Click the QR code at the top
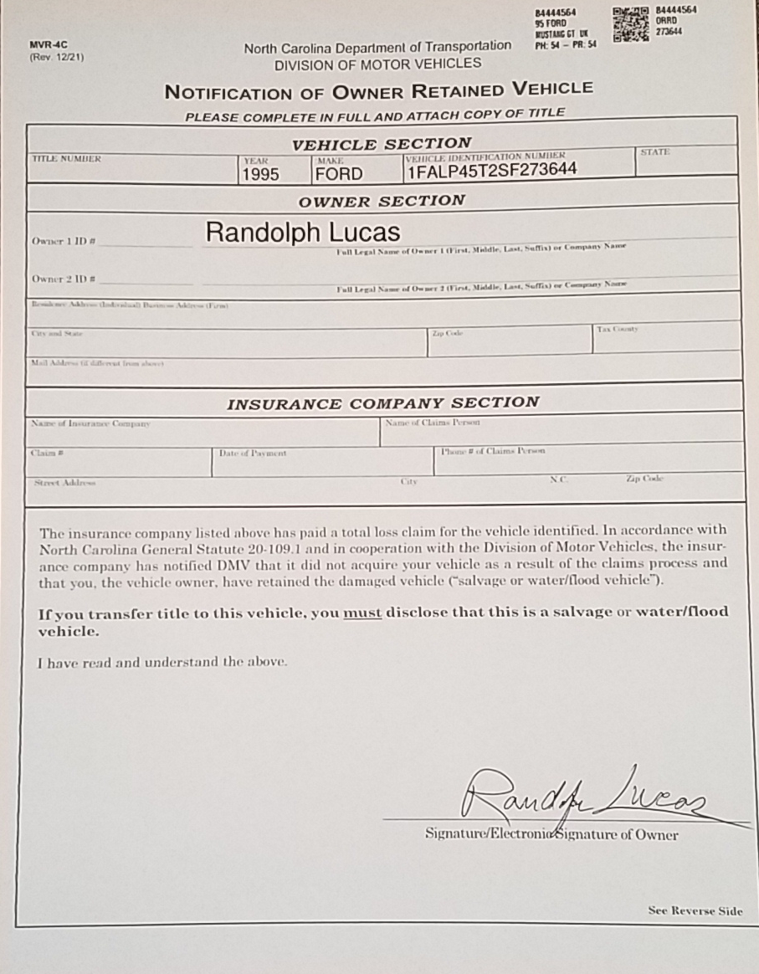pyautogui.click(x=631, y=24)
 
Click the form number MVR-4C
pyautogui.click(x=47, y=46)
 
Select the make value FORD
pyautogui.click(x=338, y=174)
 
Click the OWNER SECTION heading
pyautogui.click(x=381, y=201)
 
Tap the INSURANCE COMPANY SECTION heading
pyautogui.click(x=383, y=403)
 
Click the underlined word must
pyautogui.click(x=362, y=613)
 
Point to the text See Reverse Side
pyautogui.click(x=695, y=910)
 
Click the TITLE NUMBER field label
pyautogui.click(x=66, y=158)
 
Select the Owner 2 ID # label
pyautogui.click(x=63, y=279)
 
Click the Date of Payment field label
pyautogui.click(x=252, y=454)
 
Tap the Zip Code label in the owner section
pyautogui.click(x=447, y=333)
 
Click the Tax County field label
pyautogui.click(x=618, y=329)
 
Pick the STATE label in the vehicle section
pyautogui.click(x=654, y=151)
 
